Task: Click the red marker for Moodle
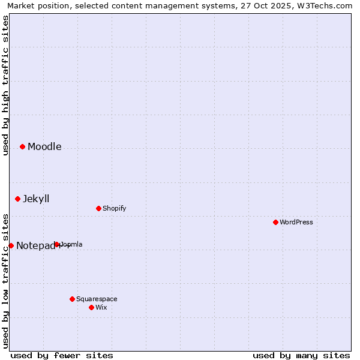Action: [22, 146]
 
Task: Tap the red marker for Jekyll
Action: [17, 199]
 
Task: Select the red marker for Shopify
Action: [98, 208]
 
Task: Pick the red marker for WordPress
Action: [275, 222]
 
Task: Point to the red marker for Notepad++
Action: [11, 245]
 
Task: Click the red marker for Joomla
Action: [57, 244]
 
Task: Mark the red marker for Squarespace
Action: [72, 299]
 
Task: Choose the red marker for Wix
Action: [91, 307]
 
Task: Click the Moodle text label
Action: [44, 147]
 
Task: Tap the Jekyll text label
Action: [36, 199]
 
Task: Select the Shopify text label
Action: [114, 209]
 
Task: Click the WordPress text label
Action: [296, 223]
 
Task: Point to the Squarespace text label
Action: [97, 299]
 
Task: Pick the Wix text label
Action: [101, 308]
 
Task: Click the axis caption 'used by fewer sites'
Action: [62, 355]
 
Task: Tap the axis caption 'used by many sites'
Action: [301, 355]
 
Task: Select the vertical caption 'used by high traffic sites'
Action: [6, 86]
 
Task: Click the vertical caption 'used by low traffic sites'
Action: [6, 280]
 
